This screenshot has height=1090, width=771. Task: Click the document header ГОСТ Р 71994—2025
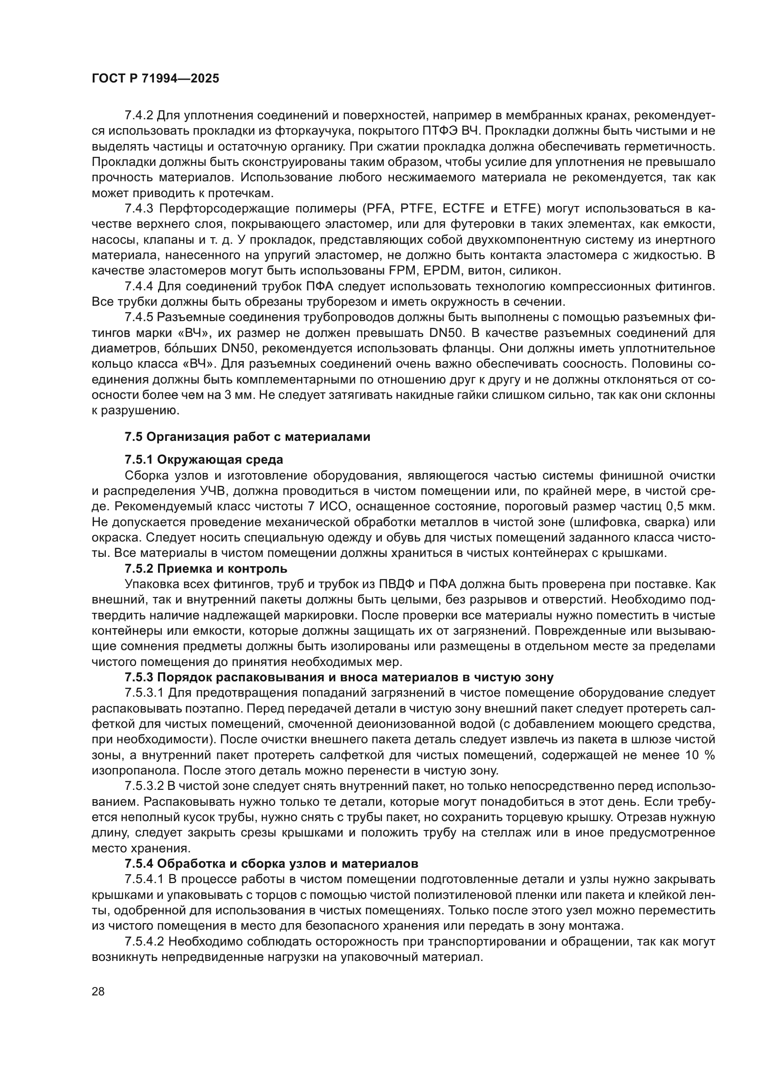click(155, 79)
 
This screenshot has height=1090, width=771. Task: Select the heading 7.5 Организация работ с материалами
click(247, 437)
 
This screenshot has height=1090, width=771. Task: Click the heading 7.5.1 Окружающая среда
click(204, 459)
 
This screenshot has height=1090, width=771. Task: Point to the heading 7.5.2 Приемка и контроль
click(206, 568)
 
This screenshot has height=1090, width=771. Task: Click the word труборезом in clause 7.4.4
click(360, 302)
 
